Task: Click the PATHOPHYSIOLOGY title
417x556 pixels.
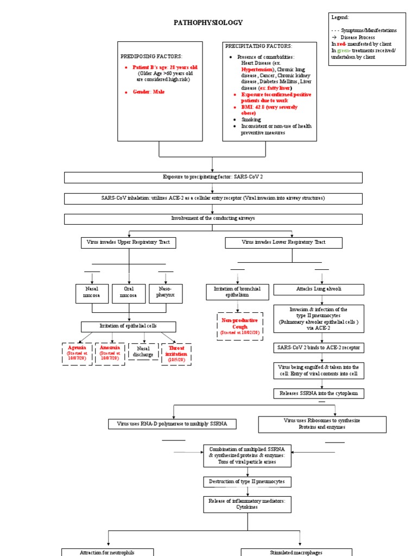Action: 208,23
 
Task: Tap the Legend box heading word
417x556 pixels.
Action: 340,17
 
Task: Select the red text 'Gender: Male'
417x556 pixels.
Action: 148,92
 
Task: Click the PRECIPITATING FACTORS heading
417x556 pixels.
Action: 259,46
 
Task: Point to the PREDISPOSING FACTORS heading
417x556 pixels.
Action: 151,56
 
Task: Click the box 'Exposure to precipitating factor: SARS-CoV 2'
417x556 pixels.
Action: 213,178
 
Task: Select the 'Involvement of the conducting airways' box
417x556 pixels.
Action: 213,218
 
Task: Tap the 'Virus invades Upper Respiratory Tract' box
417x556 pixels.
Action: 128,242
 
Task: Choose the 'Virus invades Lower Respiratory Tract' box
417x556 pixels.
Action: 283,242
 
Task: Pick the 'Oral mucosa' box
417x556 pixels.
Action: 129,293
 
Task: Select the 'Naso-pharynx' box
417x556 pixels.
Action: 166,293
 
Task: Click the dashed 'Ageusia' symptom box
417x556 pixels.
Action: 77,353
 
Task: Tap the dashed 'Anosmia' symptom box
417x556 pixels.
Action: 110,353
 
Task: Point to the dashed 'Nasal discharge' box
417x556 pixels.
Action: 143,351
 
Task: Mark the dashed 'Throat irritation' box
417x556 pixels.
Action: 176,353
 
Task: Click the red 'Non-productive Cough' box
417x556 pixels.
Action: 239,326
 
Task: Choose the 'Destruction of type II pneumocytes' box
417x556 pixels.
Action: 248,482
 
